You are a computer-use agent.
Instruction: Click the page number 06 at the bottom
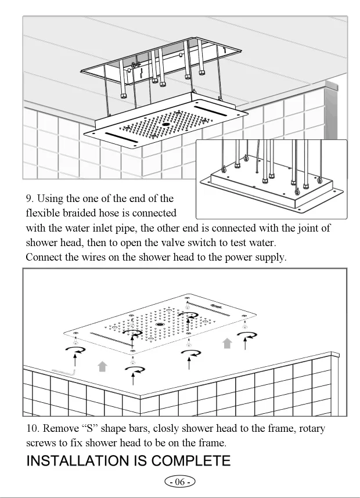pos(180,482)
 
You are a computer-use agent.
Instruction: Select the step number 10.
pos(33,429)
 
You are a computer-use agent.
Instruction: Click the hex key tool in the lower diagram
pos(64,370)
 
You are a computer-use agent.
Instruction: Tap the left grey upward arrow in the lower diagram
pos(103,366)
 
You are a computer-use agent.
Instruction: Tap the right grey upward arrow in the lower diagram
pos(228,344)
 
